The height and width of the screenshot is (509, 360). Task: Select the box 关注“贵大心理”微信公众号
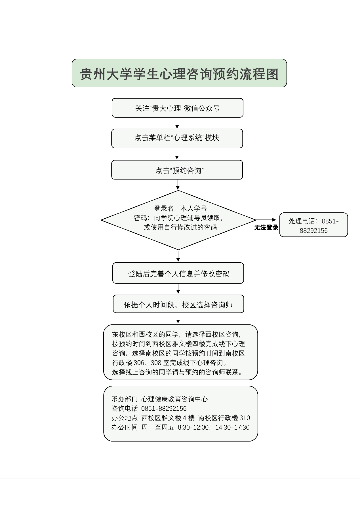point(177,108)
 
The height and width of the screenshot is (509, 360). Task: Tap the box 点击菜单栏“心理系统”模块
point(177,138)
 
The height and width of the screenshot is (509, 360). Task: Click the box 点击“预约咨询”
point(177,170)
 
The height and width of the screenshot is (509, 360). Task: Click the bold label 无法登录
point(266,227)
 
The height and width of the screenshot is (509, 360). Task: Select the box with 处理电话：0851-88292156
point(313,225)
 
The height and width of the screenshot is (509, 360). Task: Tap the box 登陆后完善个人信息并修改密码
point(178,273)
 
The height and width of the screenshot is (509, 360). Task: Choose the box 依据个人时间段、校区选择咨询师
point(178,304)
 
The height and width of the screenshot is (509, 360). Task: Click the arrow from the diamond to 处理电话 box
point(266,220)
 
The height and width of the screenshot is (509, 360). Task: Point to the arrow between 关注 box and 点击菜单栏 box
point(177,123)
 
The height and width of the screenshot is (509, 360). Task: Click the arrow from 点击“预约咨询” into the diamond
point(178,185)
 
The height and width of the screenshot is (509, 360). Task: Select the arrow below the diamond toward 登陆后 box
point(178,256)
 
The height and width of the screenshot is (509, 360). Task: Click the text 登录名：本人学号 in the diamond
point(180,208)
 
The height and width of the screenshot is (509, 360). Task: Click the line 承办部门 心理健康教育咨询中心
point(160,399)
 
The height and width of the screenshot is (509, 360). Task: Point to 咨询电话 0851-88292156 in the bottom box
point(149,408)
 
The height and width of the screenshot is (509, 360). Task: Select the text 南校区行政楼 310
point(224,418)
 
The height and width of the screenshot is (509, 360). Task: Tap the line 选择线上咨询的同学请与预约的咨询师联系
point(177,372)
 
